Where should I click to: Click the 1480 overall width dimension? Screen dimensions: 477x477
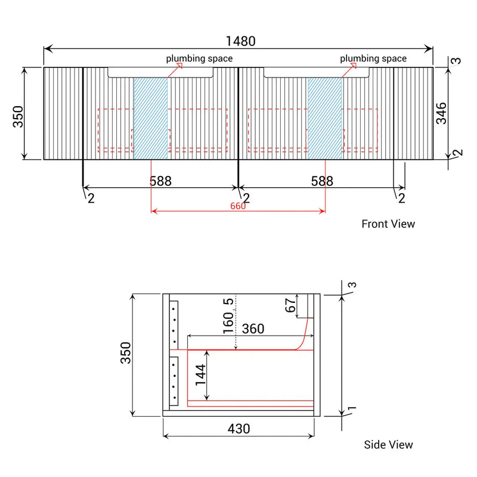[x=240, y=41]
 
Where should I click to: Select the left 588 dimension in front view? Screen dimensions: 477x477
[x=160, y=181]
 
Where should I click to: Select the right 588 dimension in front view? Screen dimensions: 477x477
[x=321, y=181]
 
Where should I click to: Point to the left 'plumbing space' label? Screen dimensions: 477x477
[x=199, y=58]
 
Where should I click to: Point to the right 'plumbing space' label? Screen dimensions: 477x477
[x=373, y=58]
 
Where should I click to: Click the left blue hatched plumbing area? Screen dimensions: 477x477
[x=150, y=118]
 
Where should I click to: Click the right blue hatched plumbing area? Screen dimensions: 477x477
[x=325, y=118]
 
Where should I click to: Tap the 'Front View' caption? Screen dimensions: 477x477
[x=388, y=224]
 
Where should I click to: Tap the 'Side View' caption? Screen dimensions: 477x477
[x=388, y=444]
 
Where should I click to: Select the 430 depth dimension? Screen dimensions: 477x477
[x=238, y=428]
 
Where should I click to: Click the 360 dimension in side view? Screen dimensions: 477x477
[x=253, y=329]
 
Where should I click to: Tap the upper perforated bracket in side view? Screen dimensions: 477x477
[x=174, y=320]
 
